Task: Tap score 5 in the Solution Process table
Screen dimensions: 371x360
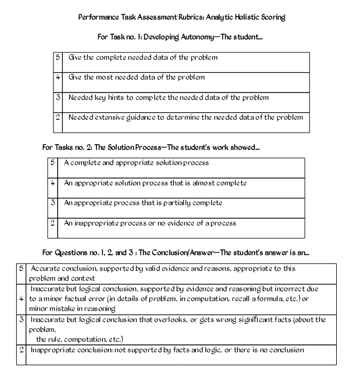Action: click(52, 163)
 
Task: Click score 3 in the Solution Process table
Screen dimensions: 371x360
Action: click(52, 203)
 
